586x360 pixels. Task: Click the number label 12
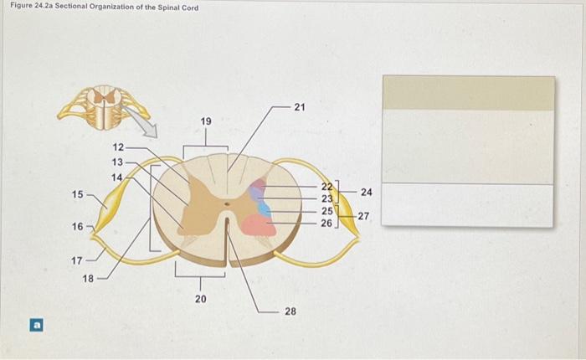[x=118, y=148]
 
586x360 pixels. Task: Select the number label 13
[x=118, y=162]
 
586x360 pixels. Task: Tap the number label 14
[x=118, y=176]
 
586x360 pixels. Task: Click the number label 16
[x=77, y=227]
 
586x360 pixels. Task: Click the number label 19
[x=206, y=122]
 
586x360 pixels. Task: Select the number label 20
[x=200, y=298]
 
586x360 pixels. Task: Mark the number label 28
[x=290, y=311]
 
